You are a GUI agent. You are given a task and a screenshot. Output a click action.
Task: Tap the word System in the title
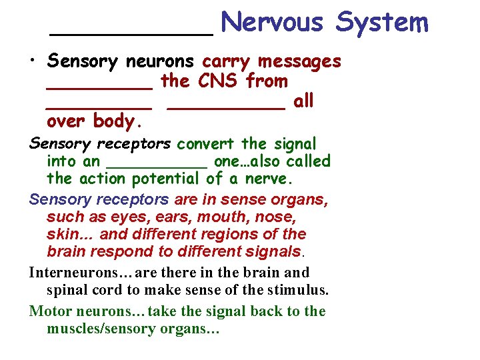[381, 23]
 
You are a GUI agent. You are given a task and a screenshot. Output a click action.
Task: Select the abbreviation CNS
[218, 81]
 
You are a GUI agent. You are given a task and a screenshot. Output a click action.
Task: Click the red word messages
[299, 61]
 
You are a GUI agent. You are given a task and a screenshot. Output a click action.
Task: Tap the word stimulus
[296, 290]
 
